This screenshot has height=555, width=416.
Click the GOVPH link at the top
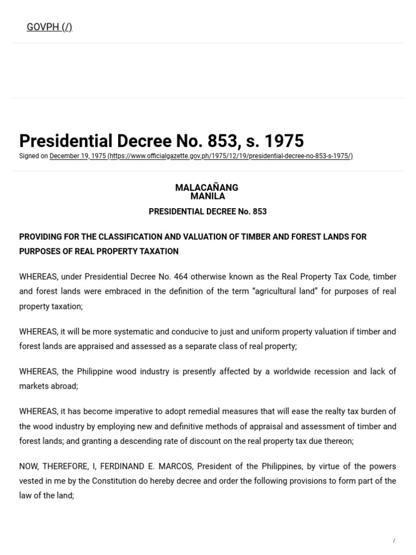[49, 27]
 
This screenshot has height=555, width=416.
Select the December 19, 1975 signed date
[77, 156]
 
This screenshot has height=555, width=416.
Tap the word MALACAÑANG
[206, 188]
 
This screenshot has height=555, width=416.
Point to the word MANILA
[207, 196]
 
